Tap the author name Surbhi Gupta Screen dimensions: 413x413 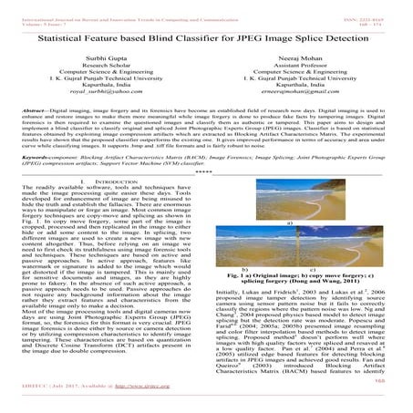click(108, 59)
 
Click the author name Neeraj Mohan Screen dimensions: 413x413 click(305, 59)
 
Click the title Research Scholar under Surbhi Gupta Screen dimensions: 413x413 click(108, 67)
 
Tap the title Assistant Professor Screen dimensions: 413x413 click(305, 67)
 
